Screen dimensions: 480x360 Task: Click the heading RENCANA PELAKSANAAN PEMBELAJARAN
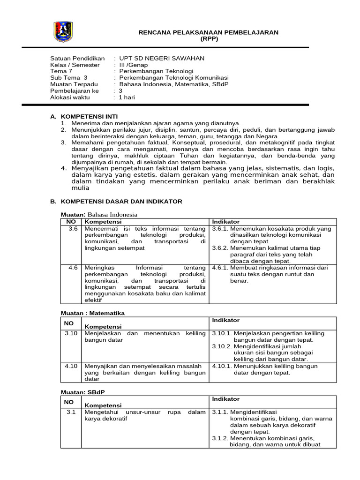click(209, 32)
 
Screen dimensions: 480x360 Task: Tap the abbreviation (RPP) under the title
click(209, 39)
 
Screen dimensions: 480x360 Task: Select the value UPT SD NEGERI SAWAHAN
click(162, 58)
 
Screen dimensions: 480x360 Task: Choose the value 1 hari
click(128, 97)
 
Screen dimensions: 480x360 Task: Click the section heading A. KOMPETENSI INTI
click(84, 116)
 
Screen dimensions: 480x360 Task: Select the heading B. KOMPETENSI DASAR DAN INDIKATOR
click(116, 202)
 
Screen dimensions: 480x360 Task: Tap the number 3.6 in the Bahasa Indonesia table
click(73, 229)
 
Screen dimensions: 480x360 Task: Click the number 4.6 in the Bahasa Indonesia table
click(73, 268)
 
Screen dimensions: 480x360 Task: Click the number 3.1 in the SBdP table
click(71, 412)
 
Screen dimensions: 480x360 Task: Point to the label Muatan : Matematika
click(93, 313)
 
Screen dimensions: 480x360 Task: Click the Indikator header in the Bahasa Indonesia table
click(226, 222)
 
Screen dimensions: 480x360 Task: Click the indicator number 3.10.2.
click(222, 346)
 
